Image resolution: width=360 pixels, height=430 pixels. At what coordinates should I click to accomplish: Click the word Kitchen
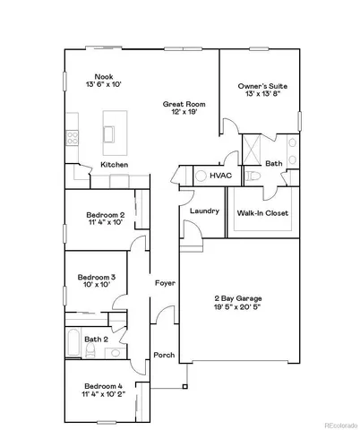(x=114, y=165)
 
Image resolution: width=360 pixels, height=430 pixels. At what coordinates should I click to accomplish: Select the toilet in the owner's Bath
(x=252, y=177)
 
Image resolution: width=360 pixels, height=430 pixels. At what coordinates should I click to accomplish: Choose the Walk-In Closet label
(x=261, y=214)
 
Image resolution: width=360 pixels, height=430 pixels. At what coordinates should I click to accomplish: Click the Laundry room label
(x=205, y=211)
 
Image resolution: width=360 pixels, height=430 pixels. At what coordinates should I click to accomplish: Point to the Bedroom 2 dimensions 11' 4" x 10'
(x=105, y=223)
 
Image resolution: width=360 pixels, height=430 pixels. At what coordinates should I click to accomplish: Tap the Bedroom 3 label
(x=96, y=277)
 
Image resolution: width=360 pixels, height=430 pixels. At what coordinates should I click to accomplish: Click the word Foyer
(x=165, y=283)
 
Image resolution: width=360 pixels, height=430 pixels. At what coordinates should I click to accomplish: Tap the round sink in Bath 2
(x=116, y=354)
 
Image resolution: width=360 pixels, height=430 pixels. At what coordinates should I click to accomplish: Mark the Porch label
(x=164, y=355)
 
